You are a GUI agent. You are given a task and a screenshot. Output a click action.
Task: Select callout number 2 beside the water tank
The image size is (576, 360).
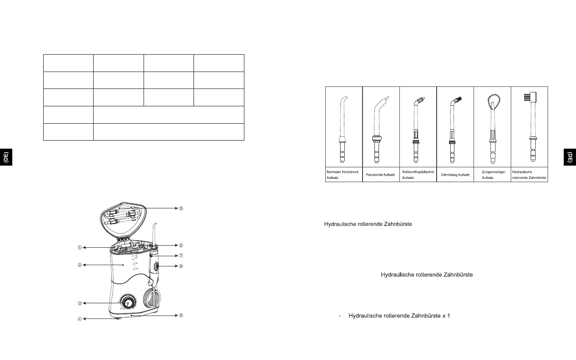click(80, 266)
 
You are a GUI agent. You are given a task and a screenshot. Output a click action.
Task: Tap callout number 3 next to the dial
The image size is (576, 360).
click(80, 303)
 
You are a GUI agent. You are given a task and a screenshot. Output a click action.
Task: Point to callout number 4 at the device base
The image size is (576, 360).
click(80, 319)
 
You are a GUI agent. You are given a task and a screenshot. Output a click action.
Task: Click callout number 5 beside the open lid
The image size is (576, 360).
click(181, 208)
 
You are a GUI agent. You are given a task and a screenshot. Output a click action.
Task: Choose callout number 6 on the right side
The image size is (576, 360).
click(181, 245)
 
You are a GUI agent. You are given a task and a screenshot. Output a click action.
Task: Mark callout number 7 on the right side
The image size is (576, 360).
click(181, 256)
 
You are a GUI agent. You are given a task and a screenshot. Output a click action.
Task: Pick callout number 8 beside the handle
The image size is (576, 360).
click(181, 266)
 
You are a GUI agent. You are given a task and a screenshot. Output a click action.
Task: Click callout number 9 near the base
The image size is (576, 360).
click(181, 316)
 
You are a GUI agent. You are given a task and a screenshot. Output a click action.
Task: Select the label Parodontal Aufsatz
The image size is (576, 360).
click(380, 175)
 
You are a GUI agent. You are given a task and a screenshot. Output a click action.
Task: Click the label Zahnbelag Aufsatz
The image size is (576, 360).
click(455, 175)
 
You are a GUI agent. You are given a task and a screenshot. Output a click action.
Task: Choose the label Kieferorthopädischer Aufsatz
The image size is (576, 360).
click(418, 175)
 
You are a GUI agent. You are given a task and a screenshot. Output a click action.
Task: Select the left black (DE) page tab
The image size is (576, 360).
click(6, 157)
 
